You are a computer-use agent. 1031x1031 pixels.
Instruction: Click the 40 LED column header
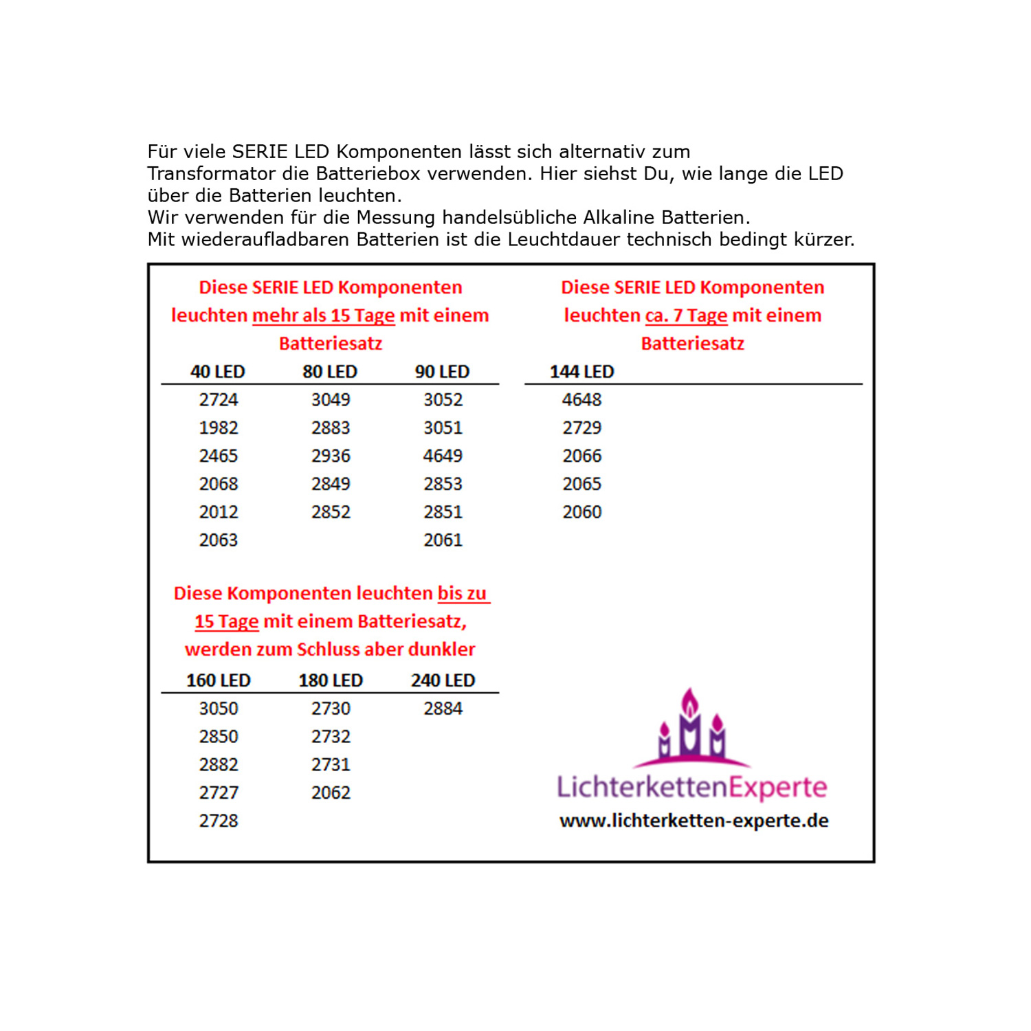217,372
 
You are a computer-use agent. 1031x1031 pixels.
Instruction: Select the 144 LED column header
581,372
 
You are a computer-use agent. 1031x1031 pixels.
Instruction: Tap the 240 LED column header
443,680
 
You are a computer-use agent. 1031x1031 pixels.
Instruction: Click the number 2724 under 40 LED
218,400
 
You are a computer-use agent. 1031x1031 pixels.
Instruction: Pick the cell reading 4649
443,456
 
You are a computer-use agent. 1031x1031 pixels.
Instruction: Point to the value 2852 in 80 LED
331,512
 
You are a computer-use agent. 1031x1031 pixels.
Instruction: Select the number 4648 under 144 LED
581,400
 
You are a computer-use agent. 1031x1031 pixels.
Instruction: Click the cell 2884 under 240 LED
443,709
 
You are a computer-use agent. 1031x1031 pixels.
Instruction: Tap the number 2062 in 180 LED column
331,793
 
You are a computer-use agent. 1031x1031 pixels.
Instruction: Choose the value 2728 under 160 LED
218,821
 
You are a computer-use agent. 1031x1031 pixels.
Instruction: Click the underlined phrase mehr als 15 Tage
323,315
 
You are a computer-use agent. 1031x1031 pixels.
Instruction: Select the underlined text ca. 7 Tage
686,315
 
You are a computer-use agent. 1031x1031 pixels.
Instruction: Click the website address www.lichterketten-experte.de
694,821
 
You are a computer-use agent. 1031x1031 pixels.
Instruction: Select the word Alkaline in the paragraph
619,218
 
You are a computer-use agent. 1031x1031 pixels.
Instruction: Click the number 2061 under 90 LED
443,540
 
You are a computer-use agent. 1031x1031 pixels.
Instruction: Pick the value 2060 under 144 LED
581,512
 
